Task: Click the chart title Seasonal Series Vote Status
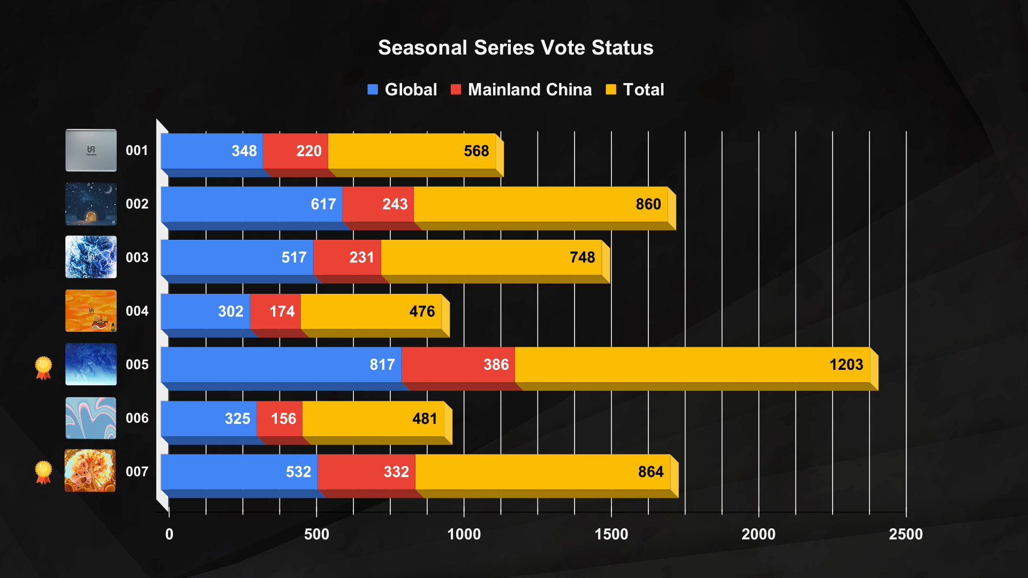coord(515,48)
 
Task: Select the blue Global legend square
coord(373,89)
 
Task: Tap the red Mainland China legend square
coord(456,89)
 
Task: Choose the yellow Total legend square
coord(610,89)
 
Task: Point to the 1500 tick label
coord(611,534)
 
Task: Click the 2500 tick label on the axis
coord(905,534)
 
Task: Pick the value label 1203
coord(846,365)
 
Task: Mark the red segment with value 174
coord(275,311)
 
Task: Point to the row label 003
coord(137,257)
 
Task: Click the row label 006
coord(137,418)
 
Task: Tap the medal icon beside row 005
coord(43,368)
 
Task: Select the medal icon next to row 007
coord(43,472)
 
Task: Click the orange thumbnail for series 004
coord(91,311)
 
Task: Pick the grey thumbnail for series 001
coord(91,150)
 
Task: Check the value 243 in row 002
coord(395,204)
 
